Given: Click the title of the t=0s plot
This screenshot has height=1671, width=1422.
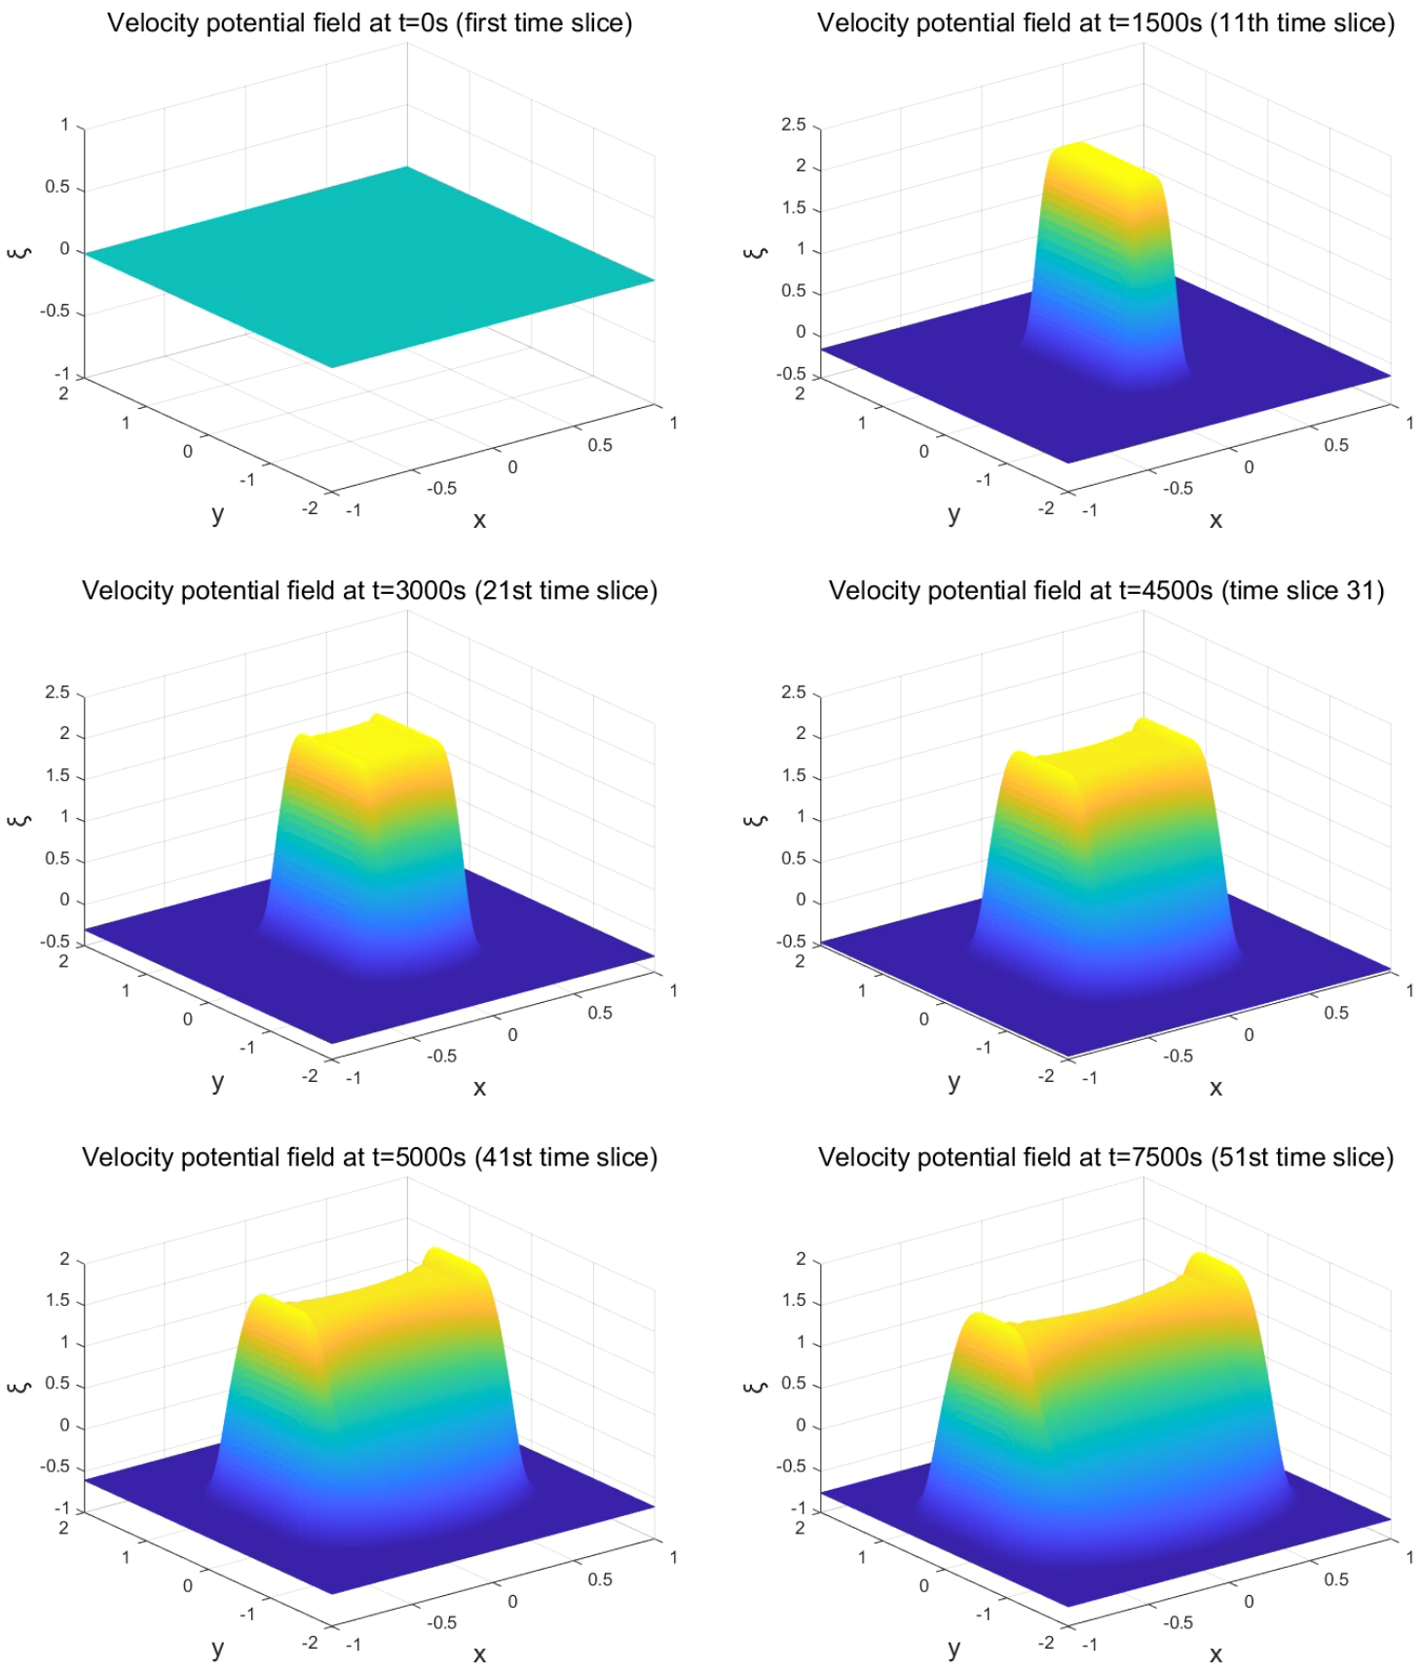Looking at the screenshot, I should point(369,23).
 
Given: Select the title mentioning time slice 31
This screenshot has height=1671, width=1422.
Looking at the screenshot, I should point(1105,591).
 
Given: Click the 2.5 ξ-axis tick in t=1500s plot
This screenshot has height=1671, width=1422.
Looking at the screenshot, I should point(793,125).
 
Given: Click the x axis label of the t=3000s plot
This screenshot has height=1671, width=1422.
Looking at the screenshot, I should point(479,1088).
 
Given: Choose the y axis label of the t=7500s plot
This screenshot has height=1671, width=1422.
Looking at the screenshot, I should point(954,1648).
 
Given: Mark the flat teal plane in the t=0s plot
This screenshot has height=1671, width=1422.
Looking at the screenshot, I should point(370,268).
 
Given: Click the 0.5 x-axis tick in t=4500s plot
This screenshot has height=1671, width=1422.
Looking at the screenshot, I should point(1336,1013).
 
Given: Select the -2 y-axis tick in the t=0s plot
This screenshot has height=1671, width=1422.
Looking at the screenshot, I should point(310,508).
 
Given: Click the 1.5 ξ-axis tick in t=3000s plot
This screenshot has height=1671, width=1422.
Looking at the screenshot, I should point(57,776).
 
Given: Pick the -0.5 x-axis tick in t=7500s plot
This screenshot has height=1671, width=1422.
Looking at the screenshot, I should point(1178,1622).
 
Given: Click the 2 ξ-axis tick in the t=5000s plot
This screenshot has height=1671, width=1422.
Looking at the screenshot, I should point(64,1259).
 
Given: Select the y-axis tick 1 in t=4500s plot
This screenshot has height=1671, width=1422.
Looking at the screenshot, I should point(862,990).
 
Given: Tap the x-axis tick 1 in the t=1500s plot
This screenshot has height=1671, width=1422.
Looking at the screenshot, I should point(1409,423).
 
